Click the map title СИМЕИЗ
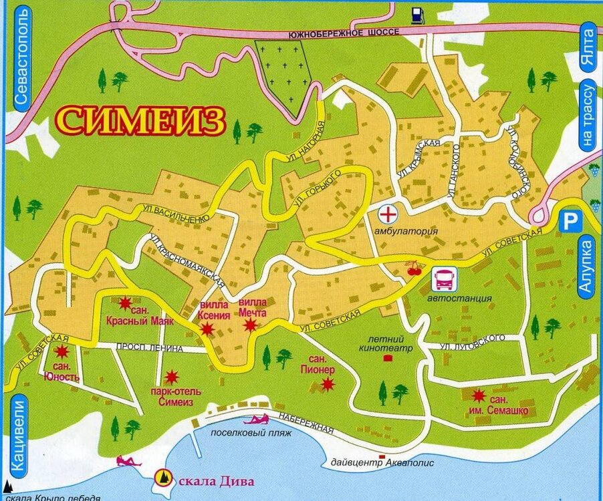coord(140,120)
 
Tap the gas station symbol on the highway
coord(416,14)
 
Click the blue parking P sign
coord(569,220)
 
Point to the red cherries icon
coord(415,269)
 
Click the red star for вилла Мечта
coord(250,325)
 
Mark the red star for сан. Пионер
coord(327,383)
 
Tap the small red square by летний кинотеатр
coord(387,359)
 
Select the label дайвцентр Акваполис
coord(382,462)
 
